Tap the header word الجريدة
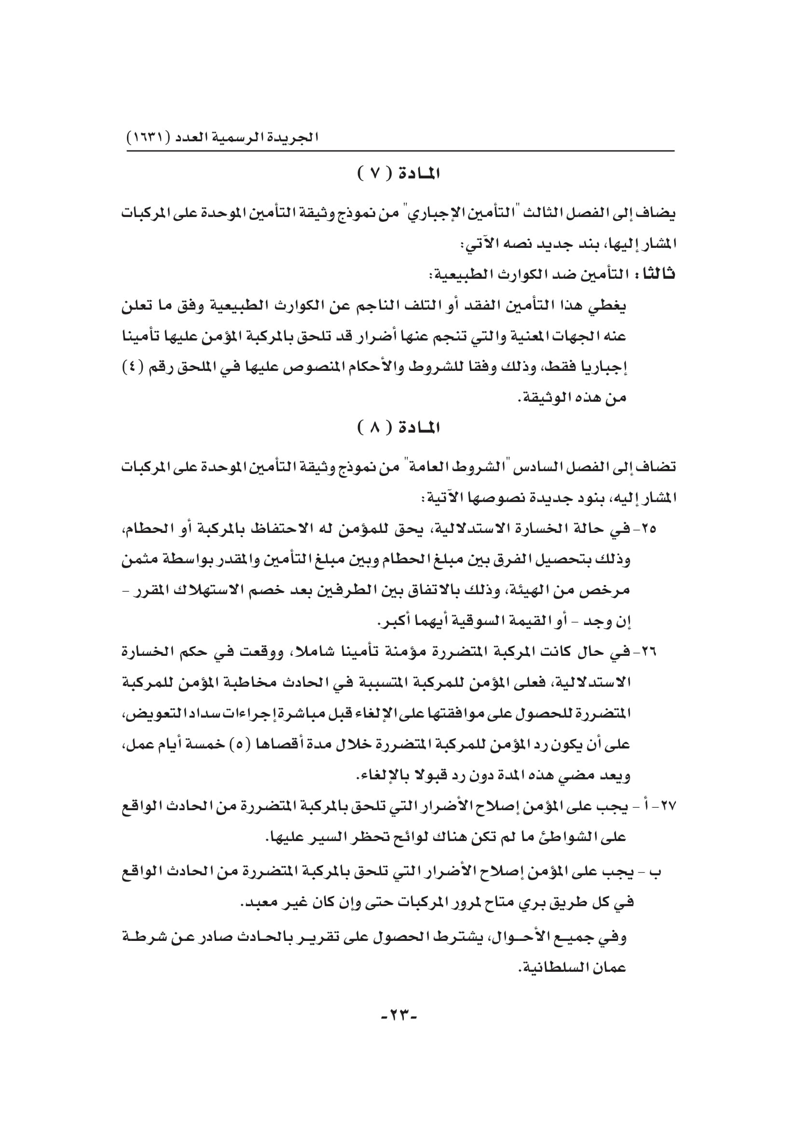point(295,137)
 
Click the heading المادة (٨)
point(399,428)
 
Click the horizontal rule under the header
point(400,151)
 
